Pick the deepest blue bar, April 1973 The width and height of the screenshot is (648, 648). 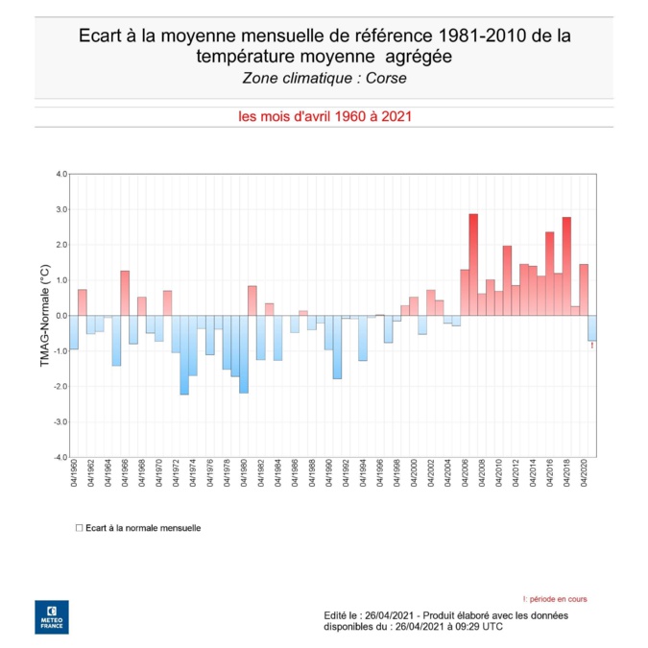point(184,354)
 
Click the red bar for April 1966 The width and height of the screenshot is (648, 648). point(125,293)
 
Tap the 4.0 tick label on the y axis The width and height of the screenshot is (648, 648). point(61,175)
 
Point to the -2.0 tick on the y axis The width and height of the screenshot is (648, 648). point(60,387)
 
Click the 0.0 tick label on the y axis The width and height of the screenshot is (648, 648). point(61,316)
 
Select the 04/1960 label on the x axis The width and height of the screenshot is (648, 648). point(74,475)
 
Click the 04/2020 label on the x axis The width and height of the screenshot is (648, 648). point(584,475)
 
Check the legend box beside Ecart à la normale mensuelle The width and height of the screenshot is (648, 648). point(79,528)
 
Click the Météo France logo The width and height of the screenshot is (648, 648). point(51,616)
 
